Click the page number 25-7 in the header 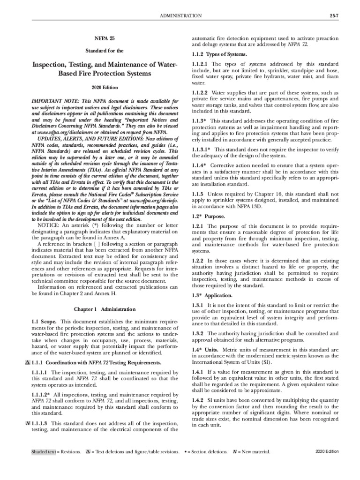tap(328, 15)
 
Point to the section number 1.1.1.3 tap(40, 423)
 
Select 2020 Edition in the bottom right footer tap(327, 451)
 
